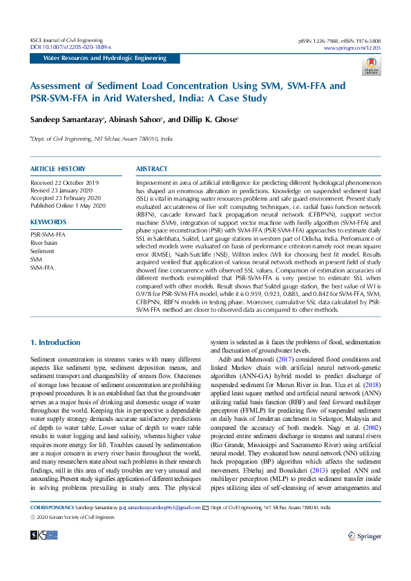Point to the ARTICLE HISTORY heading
[x=57, y=169]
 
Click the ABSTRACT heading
[x=151, y=169]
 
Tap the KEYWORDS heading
[x=48, y=221]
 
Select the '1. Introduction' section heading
[x=55, y=342]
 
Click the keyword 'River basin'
[x=44, y=243]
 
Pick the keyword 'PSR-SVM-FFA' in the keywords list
[x=48, y=235]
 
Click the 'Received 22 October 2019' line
[x=65, y=182]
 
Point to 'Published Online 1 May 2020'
[x=68, y=206]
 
